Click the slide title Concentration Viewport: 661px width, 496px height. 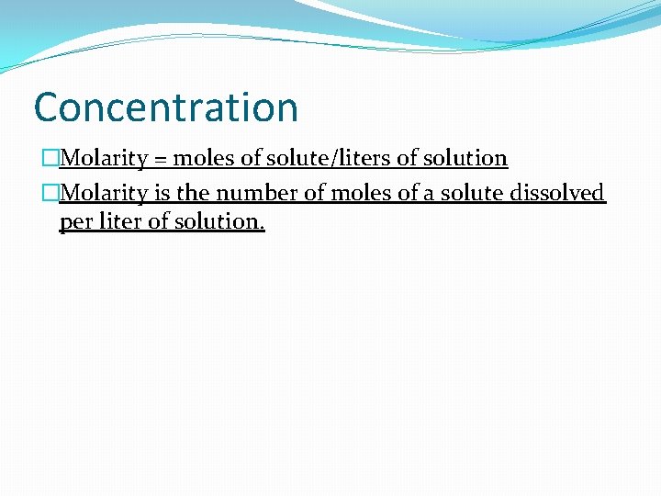point(166,107)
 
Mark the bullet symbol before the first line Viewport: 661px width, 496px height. point(50,159)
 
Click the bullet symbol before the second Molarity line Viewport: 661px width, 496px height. point(50,193)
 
